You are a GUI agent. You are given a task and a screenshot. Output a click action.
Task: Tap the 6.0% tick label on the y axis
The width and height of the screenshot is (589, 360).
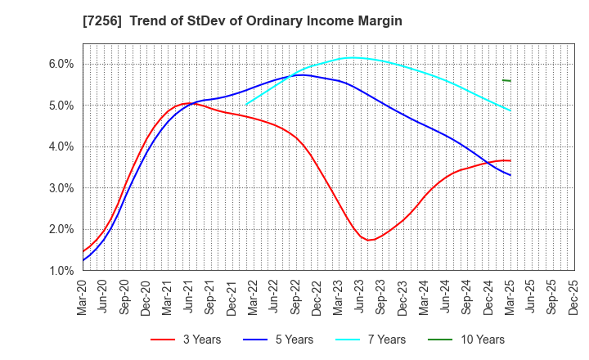point(61,64)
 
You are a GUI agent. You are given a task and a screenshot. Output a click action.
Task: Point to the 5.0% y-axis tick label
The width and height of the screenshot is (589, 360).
point(61,106)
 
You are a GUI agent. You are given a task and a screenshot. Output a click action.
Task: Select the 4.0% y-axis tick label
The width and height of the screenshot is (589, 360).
point(61,147)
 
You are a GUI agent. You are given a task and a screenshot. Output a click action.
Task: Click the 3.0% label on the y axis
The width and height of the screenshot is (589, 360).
point(61,188)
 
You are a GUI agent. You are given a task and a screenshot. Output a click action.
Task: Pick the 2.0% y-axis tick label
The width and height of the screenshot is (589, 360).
point(61,229)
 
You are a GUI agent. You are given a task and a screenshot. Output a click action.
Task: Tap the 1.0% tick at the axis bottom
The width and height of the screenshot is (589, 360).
point(61,271)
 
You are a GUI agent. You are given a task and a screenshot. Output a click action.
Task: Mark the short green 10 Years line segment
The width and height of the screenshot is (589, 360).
point(506,80)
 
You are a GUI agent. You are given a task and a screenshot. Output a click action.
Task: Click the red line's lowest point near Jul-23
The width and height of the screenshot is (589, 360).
point(369,240)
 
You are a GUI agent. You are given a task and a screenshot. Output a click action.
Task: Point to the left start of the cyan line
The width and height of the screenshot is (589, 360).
point(246,104)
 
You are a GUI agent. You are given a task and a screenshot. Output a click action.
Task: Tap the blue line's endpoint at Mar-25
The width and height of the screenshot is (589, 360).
point(510,175)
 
